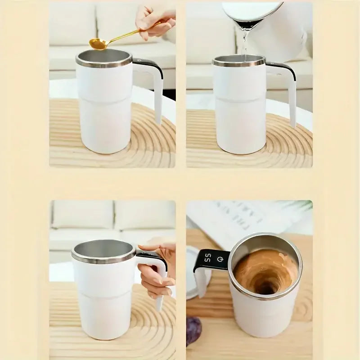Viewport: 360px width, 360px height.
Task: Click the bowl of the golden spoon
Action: (x=98, y=44)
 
